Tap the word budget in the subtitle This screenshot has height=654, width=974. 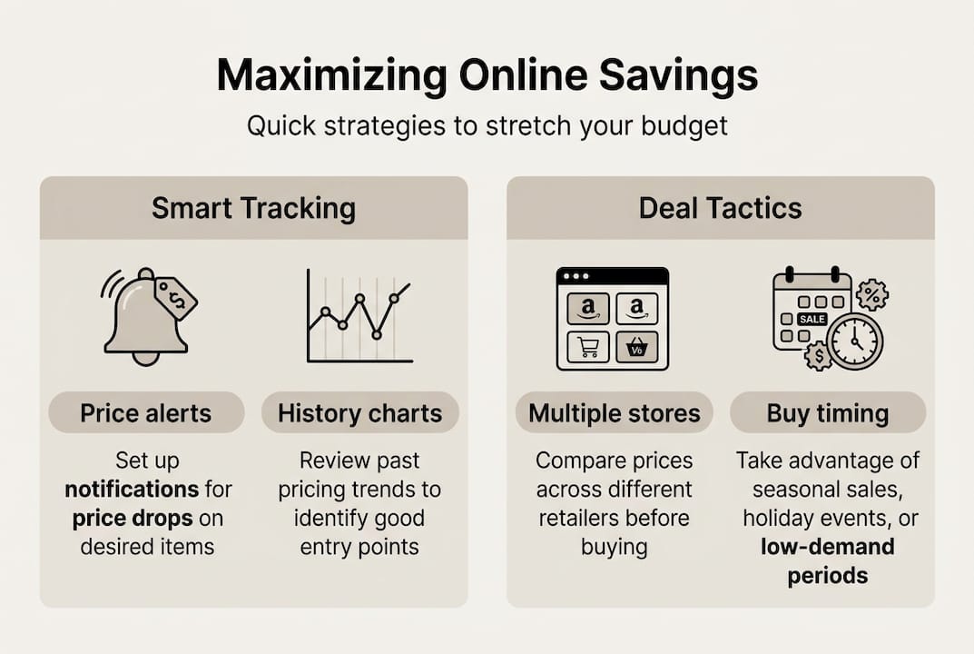pyautogui.click(x=681, y=125)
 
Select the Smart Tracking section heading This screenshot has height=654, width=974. pyautogui.click(x=253, y=208)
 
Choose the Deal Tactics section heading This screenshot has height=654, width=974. pyautogui.click(x=720, y=208)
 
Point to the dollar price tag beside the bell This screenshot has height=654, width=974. pyautogui.click(x=176, y=298)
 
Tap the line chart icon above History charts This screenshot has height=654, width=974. pyautogui.click(x=359, y=316)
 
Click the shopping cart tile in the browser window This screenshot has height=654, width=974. pyautogui.click(x=587, y=348)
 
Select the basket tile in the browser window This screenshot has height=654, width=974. pyautogui.click(x=636, y=348)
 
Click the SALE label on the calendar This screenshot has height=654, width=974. pyautogui.click(x=811, y=320)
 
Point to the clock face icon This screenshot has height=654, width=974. pyautogui.click(x=854, y=342)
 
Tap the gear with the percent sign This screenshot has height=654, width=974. pyautogui.click(x=872, y=294)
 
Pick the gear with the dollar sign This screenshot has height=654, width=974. pyautogui.click(x=819, y=355)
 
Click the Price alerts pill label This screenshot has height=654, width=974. pyautogui.click(x=146, y=413)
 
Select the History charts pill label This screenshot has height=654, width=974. pyautogui.click(x=359, y=413)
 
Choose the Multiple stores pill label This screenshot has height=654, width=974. pyautogui.click(x=615, y=413)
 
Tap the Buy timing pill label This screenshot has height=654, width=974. pyautogui.click(x=827, y=413)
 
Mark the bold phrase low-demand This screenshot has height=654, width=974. pyautogui.click(x=827, y=547)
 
